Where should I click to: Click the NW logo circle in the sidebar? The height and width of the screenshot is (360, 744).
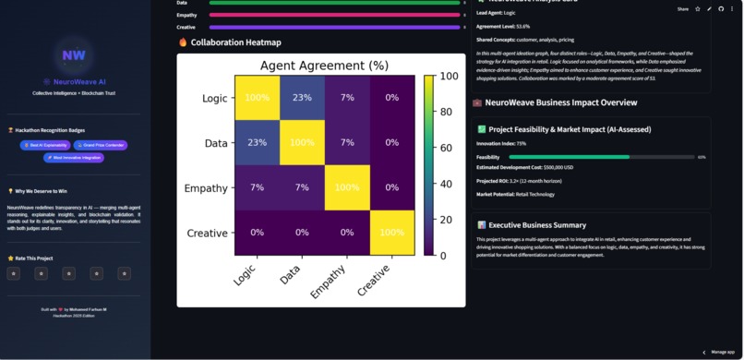click(74, 55)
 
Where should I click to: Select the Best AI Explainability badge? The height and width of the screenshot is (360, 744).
click(42, 145)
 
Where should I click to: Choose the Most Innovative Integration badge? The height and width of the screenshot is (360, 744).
click(73, 158)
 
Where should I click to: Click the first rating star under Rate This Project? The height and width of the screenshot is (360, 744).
click(14, 273)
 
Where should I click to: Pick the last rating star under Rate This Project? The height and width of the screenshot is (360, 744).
click(125, 273)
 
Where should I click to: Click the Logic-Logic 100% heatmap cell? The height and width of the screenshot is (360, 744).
click(258, 98)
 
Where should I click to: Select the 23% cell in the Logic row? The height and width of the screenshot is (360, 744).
click(303, 98)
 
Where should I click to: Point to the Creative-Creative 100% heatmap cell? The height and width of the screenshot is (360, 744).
click(392, 233)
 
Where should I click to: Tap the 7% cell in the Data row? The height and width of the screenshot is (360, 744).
click(347, 143)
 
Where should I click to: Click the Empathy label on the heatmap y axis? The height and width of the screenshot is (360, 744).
click(206, 188)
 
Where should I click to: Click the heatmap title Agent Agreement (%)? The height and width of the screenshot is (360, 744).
click(324, 66)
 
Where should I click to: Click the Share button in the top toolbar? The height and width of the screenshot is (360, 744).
click(683, 8)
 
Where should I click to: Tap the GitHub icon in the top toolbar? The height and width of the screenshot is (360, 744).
click(721, 8)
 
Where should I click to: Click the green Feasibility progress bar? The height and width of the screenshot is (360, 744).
click(569, 157)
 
